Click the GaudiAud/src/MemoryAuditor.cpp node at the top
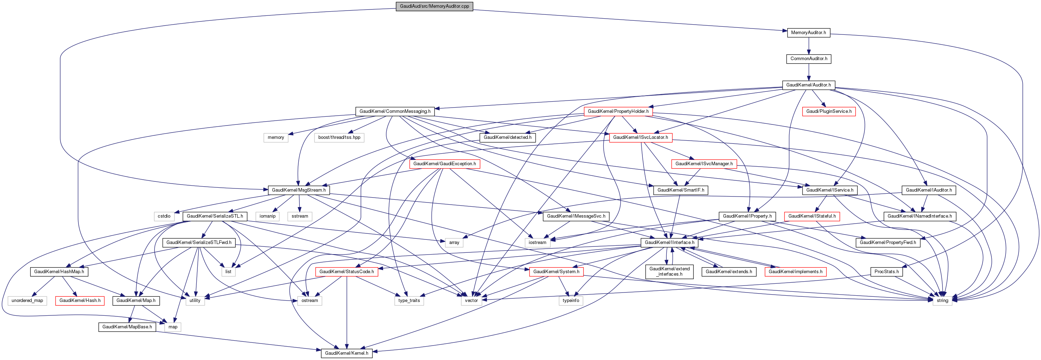434,6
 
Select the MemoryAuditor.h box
808,33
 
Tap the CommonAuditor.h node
809,59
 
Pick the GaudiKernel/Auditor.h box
808,85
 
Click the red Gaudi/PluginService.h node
829,111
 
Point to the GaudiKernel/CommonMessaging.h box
395,111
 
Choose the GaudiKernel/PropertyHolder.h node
618,111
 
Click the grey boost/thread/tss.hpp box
339,138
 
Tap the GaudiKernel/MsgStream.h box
299,190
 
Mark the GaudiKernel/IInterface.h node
669,243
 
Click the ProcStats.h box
886,272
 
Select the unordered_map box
27,301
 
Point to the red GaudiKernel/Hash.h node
80,301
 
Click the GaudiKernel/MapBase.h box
127,327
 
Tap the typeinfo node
571,301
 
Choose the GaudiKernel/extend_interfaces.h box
669,271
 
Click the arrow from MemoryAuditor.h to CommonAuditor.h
808,46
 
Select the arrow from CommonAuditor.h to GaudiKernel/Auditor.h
808,72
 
